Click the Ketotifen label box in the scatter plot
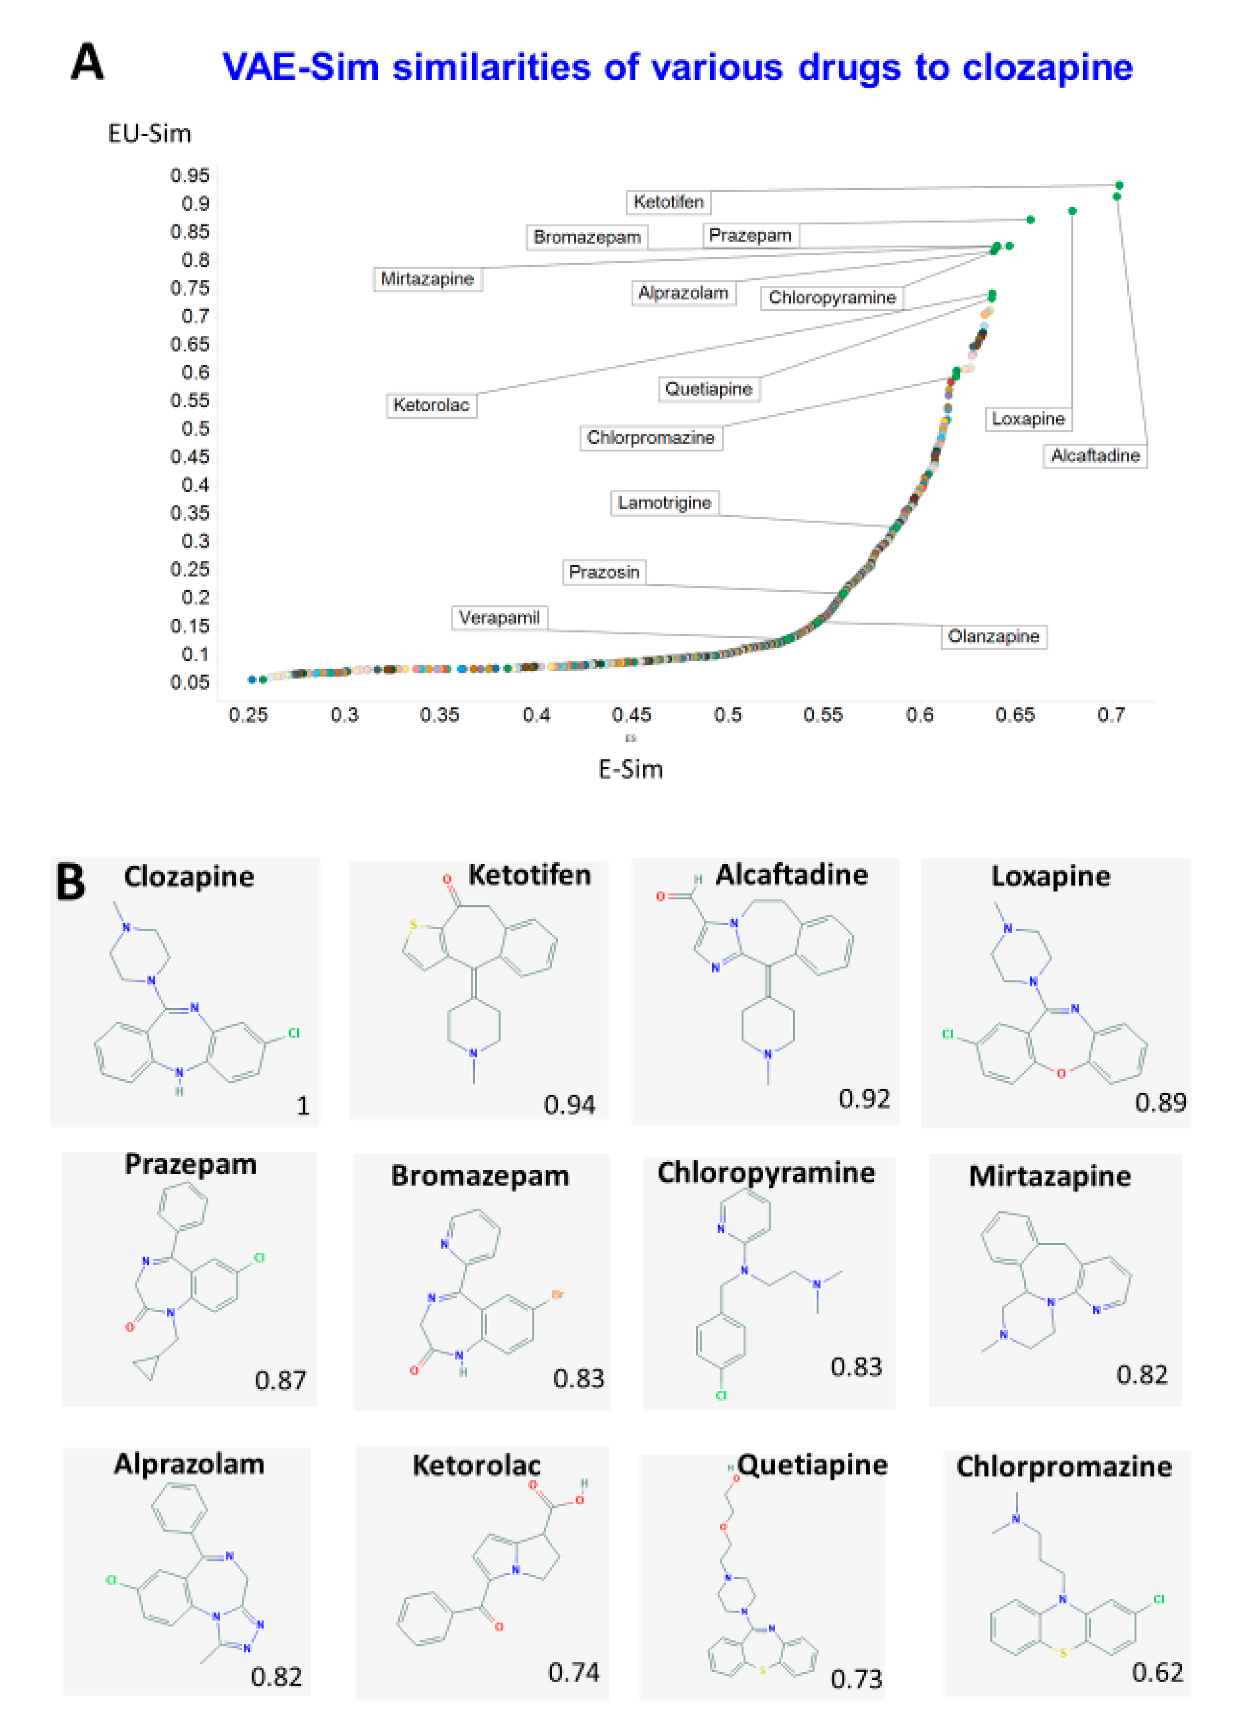point(668,202)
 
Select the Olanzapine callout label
point(993,636)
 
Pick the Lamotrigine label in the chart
point(664,503)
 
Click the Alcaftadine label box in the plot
point(1094,455)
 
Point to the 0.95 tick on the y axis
point(189,176)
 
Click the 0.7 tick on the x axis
point(1111,715)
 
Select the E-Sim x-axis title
point(630,769)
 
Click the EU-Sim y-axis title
point(149,134)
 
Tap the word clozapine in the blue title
point(1047,67)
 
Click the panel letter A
point(87,63)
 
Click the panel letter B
point(71,883)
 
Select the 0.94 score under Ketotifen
point(569,1104)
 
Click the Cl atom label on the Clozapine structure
point(293,1033)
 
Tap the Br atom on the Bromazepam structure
point(557,1295)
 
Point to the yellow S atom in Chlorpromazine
point(1063,1652)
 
